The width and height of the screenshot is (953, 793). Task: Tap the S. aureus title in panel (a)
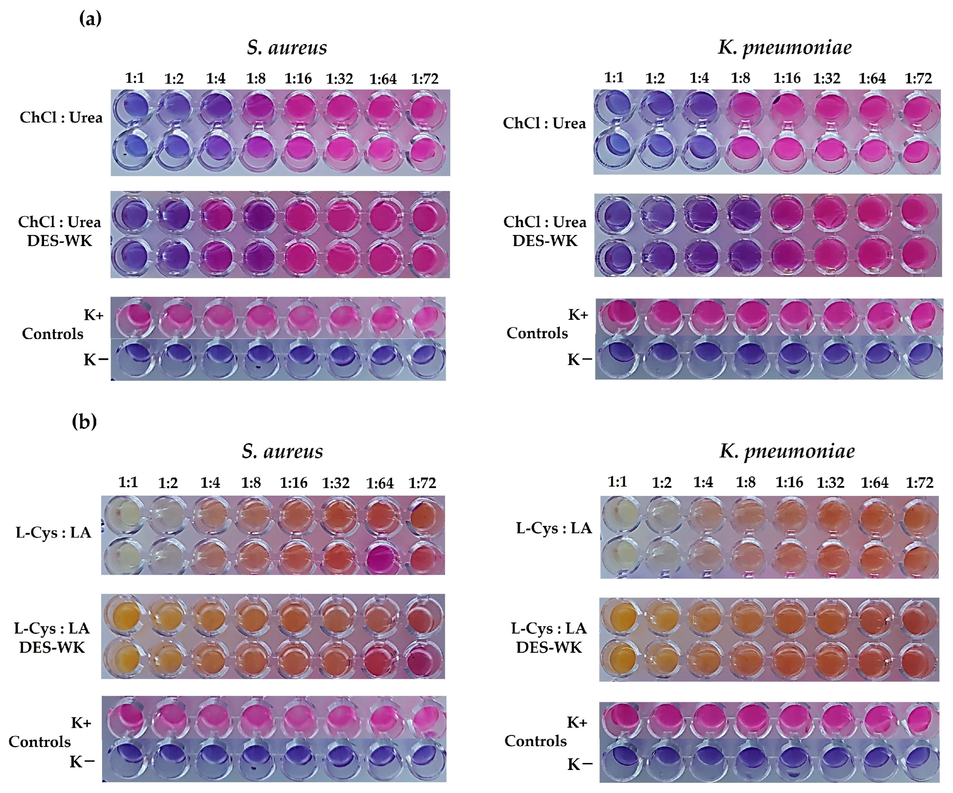pos(287,48)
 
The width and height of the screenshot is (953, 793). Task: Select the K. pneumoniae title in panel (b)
pos(787,451)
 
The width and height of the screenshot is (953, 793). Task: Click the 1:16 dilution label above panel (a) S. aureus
pos(298,79)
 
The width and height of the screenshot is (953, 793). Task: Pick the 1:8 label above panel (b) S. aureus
pos(251,483)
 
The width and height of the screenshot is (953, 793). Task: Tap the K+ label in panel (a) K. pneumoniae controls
pos(578,314)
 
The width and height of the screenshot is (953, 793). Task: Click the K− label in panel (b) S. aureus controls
pos(82,762)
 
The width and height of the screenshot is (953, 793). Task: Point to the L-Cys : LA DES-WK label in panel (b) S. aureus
pos(52,637)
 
